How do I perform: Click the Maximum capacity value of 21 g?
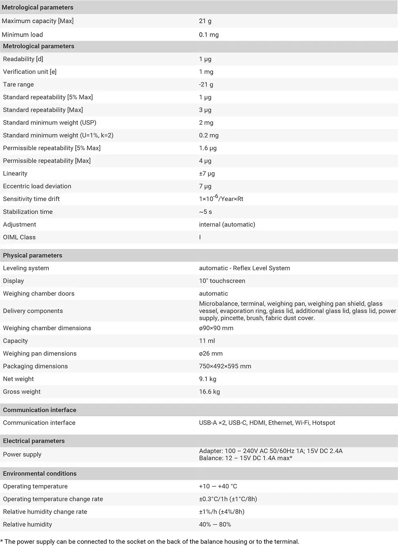(205, 21)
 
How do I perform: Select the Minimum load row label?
(22, 35)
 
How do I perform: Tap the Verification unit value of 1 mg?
(206, 72)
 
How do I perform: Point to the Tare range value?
(206, 84)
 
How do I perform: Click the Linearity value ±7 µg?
(207, 174)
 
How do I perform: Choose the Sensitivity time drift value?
(221, 198)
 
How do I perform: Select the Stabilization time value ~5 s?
(205, 212)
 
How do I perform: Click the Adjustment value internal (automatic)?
(227, 224)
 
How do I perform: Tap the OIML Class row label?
(19, 237)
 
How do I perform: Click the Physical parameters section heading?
(33, 255)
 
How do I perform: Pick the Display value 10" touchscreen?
(222, 281)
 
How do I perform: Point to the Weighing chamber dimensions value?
(216, 328)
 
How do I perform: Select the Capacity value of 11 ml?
(207, 341)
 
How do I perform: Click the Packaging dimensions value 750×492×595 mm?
(225, 367)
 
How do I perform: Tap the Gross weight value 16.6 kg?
(209, 392)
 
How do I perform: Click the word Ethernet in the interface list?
(280, 423)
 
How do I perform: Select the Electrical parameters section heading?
(34, 441)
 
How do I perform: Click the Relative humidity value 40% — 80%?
(215, 525)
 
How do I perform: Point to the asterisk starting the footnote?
(2, 541)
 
